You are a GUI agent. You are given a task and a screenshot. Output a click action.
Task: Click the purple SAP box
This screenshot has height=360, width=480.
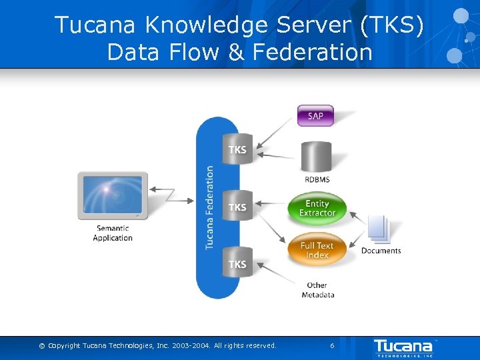pos(315,116)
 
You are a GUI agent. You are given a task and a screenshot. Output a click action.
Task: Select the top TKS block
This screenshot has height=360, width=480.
pos(237,149)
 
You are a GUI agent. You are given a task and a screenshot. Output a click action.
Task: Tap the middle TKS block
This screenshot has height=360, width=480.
pos(237,207)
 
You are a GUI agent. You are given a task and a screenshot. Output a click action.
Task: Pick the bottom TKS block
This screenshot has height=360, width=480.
pos(237,265)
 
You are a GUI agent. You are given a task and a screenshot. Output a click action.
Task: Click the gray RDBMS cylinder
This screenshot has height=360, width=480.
pos(317,156)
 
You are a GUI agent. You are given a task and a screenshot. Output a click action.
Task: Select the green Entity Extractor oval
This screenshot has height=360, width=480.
pos(317,209)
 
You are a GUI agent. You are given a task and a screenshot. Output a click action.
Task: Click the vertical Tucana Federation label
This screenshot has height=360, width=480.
pos(209,208)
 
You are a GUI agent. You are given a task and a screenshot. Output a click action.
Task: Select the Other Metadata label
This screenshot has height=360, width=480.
pos(317,290)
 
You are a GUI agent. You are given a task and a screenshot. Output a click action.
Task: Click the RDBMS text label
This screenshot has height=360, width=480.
pos(317,179)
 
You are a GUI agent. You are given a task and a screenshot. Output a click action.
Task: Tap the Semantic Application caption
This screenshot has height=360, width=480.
pos(113,233)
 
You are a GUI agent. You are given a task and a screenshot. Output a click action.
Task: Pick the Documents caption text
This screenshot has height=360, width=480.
pos(381,251)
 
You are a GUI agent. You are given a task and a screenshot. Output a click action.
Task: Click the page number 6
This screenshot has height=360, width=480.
pos(332,345)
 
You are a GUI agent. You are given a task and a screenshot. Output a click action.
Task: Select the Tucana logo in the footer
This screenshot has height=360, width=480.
pos(403,346)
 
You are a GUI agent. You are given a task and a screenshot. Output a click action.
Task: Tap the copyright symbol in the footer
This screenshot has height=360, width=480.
pos(42,345)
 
